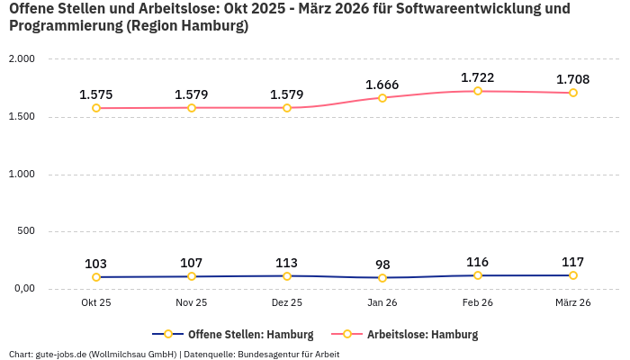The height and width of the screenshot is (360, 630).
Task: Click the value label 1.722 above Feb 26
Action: click(477, 77)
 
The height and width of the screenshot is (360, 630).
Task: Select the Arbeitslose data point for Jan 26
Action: click(382, 98)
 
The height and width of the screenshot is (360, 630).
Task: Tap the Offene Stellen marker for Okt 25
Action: click(96, 277)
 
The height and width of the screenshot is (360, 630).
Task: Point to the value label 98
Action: click(382, 265)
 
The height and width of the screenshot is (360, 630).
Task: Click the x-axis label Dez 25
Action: click(287, 302)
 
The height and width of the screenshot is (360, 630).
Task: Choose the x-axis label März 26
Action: click(573, 302)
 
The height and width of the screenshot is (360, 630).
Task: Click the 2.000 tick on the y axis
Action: click(21, 59)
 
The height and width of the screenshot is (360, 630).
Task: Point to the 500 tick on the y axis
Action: click(26, 231)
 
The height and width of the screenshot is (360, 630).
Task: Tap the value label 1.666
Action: click(382, 85)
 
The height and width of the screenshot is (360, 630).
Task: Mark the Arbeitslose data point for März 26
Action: click(573, 93)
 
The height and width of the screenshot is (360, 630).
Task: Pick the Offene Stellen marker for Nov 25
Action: click(192, 276)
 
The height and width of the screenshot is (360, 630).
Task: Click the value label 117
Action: click(573, 262)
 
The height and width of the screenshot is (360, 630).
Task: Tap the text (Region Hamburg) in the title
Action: click(188, 26)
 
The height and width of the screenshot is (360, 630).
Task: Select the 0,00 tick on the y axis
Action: click(22, 289)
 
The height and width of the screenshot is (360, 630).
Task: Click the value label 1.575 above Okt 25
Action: click(96, 94)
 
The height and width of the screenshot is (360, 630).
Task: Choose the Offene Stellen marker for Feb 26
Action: click(478, 275)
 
